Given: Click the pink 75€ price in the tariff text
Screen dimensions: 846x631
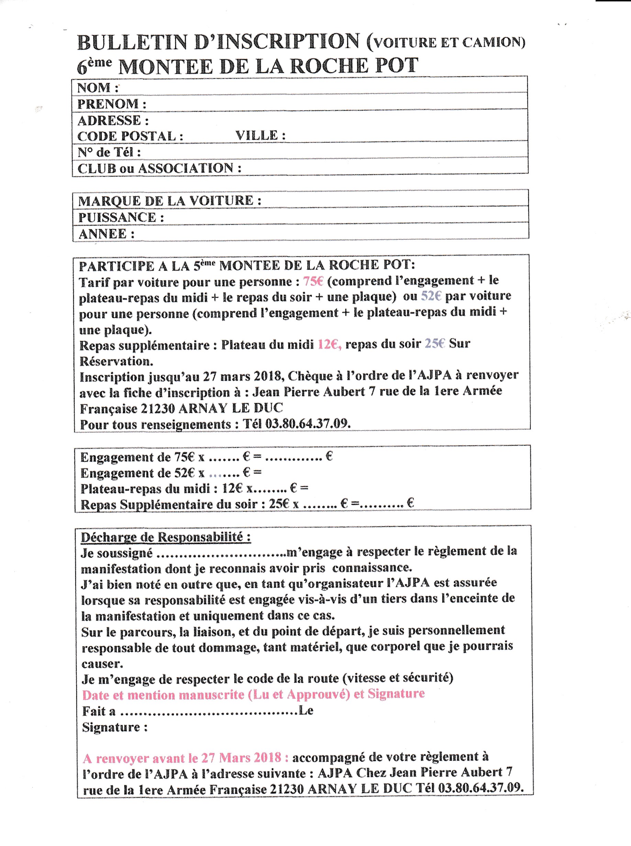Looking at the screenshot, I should pyautogui.click(x=313, y=282).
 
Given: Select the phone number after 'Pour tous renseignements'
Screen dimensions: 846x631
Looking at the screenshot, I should pyautogui.click(x=308, y=423).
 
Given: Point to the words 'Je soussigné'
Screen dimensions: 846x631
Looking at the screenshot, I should pyautogui.click(x=117, y=553).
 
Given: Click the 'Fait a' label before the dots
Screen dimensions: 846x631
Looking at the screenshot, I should pyautogui.click(x=99, y=711).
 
